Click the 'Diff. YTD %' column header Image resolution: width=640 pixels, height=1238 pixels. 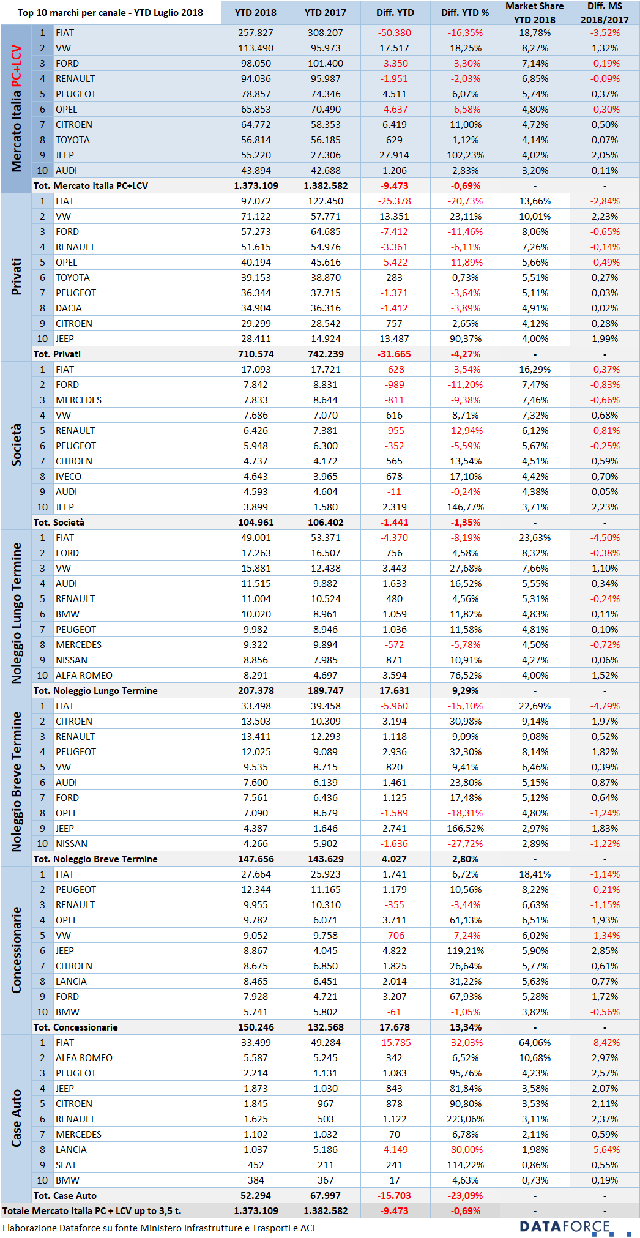point(465,12)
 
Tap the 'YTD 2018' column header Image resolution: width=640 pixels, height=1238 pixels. point(256,12)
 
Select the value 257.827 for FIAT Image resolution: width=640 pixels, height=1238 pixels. point(256,33)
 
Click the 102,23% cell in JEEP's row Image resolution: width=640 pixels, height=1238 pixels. point(465,155)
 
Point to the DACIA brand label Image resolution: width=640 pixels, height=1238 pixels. point(69,308)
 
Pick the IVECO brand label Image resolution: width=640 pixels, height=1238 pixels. point(69,477)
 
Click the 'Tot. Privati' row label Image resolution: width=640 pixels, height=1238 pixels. point(57,354)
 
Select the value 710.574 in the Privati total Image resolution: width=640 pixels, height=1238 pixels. point(256,354)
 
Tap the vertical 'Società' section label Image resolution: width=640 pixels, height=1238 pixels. point(17,445)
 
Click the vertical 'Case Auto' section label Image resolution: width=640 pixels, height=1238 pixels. point(17,1119)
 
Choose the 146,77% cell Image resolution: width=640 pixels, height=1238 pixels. point(465,507)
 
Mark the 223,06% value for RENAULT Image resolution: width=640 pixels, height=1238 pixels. point(465,1119)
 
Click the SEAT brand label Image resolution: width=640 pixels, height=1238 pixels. point(66,1165)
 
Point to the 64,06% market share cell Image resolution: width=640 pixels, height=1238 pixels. point(535,1043)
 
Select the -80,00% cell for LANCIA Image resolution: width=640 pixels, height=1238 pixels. point(465,1150)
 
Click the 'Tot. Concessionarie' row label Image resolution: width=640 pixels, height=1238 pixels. point(76,1027)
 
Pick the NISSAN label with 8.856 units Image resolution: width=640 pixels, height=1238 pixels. point(72,660)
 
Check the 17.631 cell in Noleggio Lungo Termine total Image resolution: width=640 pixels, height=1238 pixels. point(395,691)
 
